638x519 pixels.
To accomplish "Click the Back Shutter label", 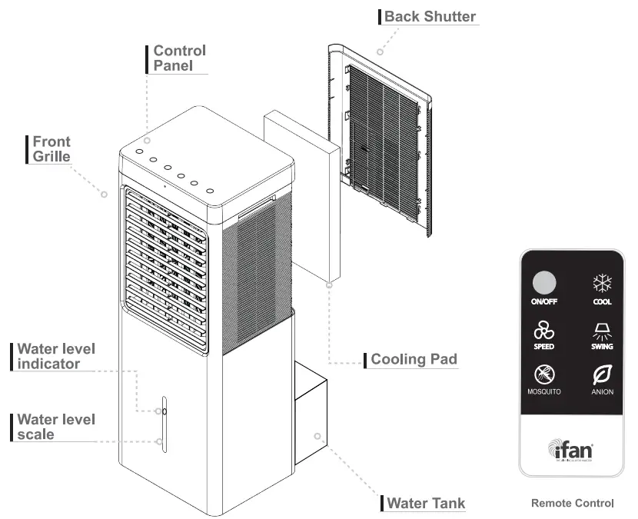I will point(430,16).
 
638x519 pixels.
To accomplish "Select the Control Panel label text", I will point(179,58).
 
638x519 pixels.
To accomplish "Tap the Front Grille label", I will point(51,149).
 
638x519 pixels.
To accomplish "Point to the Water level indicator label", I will point(56,356).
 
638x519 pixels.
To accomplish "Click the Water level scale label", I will point(56,427).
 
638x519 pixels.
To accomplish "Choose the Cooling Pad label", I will point(414,359).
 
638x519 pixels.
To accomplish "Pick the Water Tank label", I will point(426,504).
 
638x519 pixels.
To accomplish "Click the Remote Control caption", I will point(572,504).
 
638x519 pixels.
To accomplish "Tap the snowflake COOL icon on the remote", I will point(602,282).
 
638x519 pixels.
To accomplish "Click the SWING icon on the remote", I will point(602,331).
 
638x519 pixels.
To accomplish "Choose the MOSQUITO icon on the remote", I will point(543,375).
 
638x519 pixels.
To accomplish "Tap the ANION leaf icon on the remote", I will point(602,375).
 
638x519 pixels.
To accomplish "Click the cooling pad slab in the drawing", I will point(301,196).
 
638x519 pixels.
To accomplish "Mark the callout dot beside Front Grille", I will point(104,195).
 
